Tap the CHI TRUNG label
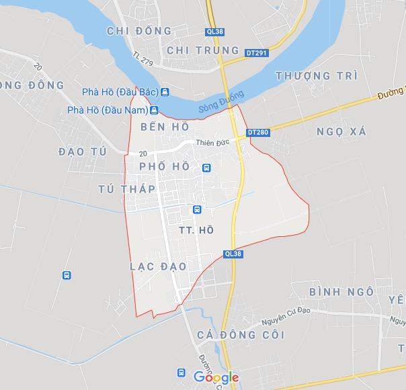tap(194, 50)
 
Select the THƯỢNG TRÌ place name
tap(316, 75)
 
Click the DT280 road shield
tap(257, 132)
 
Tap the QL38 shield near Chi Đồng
tap(214, 32)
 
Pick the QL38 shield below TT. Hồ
tap(232, 254)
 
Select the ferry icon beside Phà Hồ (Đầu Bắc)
tap(165, 92)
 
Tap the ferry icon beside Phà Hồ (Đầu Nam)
tap(154, 109)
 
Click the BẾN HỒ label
tap(165, 126)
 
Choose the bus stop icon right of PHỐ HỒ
tap(207, 168)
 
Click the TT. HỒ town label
tap(196, 230)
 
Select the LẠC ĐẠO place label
tap(158, 266)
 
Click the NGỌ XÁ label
tap(341, 132)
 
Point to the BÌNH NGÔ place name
tap(341, 291)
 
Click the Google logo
tap(216, 377)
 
